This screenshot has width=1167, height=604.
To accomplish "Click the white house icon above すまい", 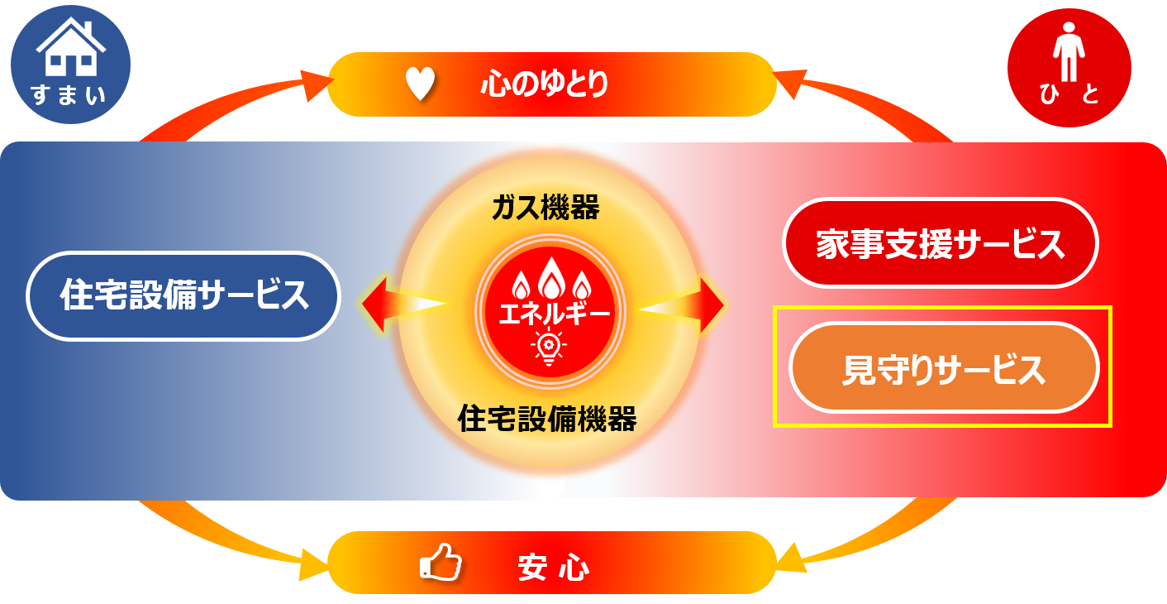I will click(x=69, y=49).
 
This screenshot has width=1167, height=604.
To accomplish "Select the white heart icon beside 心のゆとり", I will click(x=420, y=84).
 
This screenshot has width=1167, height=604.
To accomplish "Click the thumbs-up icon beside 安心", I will click(x=440, y=563).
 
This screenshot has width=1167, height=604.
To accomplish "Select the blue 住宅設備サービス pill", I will click(x=183, y=295).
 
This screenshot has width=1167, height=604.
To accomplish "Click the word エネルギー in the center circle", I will click(x=546, y=314).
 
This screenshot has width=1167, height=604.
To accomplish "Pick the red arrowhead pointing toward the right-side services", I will click(x=712, y=304).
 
